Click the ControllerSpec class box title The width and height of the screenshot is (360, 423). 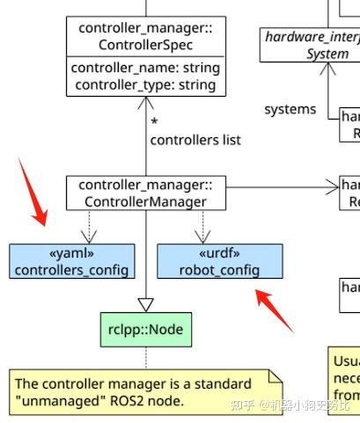point(145,36)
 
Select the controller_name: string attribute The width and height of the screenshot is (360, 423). point(145,68)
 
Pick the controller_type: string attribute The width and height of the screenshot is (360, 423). point(145,84)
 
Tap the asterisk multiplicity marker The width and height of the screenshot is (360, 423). point(155,122)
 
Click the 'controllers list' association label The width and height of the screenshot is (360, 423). point(195,140)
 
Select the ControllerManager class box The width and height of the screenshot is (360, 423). point(145,193)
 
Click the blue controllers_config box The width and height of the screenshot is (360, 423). point(72,261)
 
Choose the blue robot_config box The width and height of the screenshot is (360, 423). point(220,261)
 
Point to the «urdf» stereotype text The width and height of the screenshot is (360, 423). point(220,253)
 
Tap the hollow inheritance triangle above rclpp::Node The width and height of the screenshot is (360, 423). point(146,303)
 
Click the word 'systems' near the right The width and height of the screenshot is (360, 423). point(290,109)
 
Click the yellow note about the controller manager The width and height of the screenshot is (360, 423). point(146,392)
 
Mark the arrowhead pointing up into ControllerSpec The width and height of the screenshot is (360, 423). point(146,104)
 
